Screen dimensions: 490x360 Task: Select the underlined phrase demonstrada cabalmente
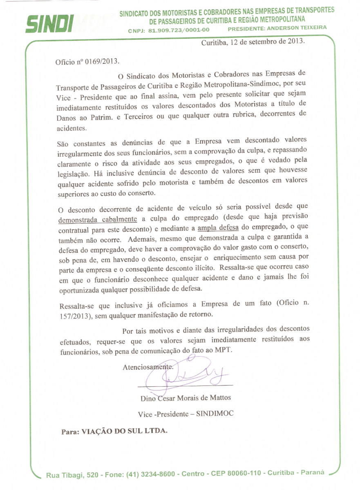92,218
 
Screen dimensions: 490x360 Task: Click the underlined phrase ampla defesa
217,228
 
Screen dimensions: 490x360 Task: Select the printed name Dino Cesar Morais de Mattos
186,398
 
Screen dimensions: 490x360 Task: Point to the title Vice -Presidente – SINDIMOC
186,414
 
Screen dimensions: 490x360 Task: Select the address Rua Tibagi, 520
69,475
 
